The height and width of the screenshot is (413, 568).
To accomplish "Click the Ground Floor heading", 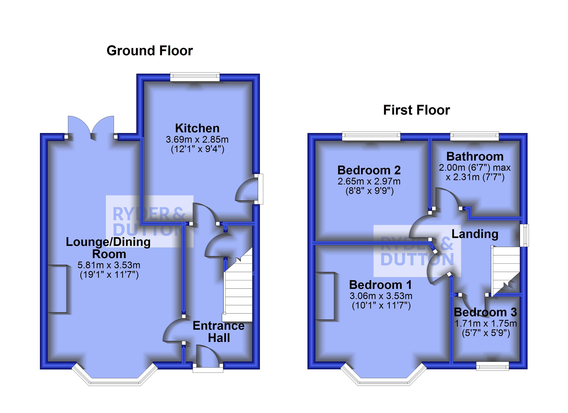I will tap(150, 51).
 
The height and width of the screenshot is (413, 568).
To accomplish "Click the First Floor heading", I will tap(417, 110).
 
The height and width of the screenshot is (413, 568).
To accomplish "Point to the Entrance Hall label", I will tap(219, 332).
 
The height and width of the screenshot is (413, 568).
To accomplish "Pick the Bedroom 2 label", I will tap(369, 170).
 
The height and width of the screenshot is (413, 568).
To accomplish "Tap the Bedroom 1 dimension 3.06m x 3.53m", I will tap(381, 296).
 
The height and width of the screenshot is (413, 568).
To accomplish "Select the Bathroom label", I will tap(475, 157).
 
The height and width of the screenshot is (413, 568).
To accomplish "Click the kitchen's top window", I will tap(195, 77).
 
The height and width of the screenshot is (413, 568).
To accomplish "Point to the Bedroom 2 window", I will tap(371, 136).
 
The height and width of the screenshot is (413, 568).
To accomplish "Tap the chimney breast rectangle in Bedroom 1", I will tap(325, 296).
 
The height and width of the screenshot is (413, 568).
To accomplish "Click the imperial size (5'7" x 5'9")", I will tap(486, 333).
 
